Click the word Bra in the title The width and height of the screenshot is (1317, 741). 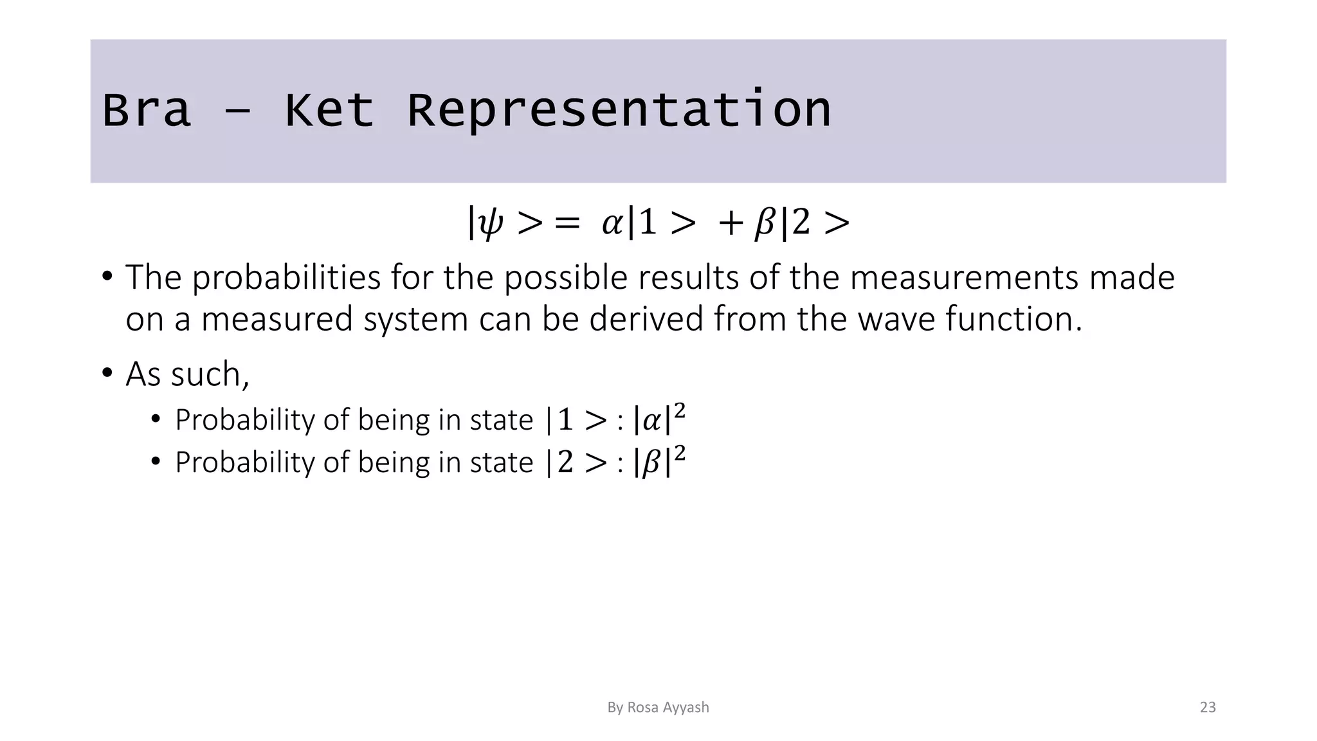pos(147,110)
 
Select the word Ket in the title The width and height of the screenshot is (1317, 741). pos(329,110)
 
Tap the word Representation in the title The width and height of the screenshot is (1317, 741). pos(619,110)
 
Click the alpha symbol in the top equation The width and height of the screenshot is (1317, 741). pos(612,224)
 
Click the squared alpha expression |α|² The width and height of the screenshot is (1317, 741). pos(659,419)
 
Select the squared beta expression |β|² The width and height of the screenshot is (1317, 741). pos(659,462)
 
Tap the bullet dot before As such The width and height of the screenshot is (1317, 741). pos(107,372)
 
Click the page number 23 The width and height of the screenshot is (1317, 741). pos(1208,708)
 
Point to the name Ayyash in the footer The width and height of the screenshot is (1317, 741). pos(686,708)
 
